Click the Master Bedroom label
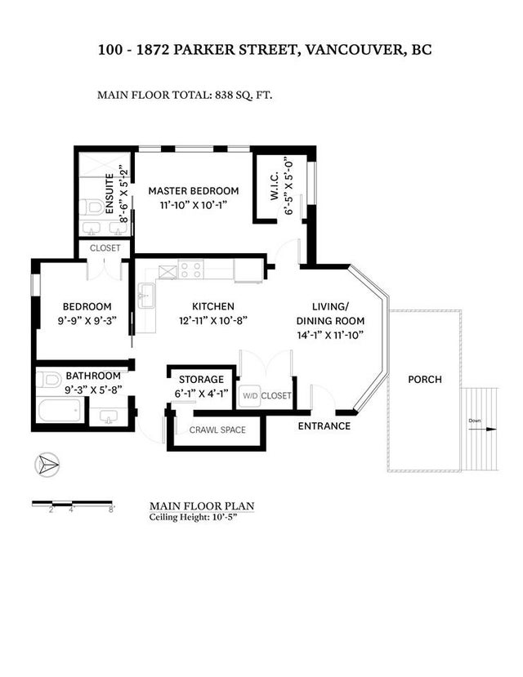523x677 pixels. click(x=194, y=191)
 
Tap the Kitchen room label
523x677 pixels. click(x=213, y=306)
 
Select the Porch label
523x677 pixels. click(x=425, y=380)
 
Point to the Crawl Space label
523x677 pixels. click(x=217, y=430)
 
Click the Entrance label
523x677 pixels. click(x=324, y=426)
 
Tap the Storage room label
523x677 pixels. click(x=201, y=380)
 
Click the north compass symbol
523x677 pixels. click(x=47, y=465)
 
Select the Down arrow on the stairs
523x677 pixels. click(x=482, y=430)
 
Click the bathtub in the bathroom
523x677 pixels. click(x=59, y=410)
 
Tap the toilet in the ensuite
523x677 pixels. click(x=93, y=207)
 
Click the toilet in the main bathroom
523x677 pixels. click(x=48, y=380)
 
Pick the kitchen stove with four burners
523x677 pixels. click(x=190, y=269)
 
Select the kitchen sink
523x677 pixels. click(x=146, y=296)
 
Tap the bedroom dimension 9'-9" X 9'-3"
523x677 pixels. click(x=87, y=321)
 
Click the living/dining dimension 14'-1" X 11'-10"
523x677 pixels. click(x=330, y=335)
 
